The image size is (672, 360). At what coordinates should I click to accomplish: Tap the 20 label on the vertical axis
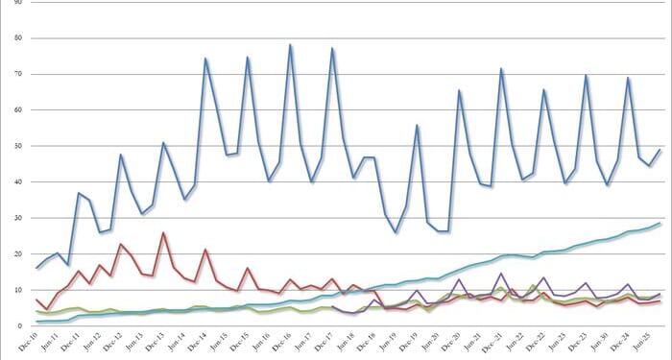click(x=12, y=254)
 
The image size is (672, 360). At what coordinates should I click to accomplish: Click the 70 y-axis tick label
click(x=12, y=75)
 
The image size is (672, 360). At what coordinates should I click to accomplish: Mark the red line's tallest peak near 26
click(x=163, y=232)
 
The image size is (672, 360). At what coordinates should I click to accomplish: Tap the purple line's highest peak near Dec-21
click(x=501, y=274)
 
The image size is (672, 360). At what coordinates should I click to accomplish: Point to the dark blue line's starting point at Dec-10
click(x=36, y=268)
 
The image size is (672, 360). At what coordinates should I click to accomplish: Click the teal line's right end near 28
click(x=660, y=224)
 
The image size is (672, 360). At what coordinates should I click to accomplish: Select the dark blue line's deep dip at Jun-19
click(x=396, y=231)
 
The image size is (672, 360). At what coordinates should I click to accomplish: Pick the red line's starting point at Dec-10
click(x=36, y=300)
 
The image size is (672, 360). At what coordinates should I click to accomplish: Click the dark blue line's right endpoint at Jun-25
click(x=660, y=149)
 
